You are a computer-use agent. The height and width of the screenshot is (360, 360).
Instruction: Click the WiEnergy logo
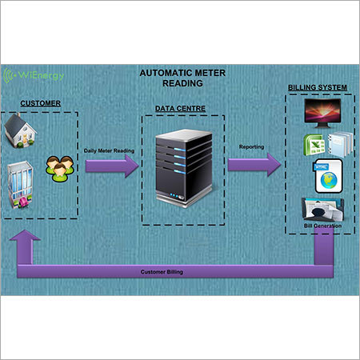click(34, 75)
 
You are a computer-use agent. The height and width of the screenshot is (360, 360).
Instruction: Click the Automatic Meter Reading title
click(182, 78)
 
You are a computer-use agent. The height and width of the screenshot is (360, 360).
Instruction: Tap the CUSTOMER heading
click(41, 103)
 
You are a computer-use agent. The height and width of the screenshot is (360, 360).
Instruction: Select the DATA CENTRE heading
click(180, 109)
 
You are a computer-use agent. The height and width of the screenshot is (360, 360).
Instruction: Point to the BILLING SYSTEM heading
click(318, 87)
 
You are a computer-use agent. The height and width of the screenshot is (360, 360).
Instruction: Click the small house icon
click(21, 130)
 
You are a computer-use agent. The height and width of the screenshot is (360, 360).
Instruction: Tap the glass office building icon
click(20, 185)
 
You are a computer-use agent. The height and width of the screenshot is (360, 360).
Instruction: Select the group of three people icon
click(60, 169)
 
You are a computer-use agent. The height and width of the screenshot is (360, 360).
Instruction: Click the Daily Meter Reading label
click(109, 150)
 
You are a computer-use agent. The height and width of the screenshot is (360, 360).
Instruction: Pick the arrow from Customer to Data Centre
click(112, 166)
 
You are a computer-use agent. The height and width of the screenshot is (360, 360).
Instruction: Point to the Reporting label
click(251, 146)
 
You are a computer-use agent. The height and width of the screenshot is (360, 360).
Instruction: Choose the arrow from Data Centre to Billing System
click(254, 165)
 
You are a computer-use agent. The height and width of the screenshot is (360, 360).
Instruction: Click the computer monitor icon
click(322, 113)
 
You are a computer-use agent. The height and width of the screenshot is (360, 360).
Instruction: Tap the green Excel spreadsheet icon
click(314, 145)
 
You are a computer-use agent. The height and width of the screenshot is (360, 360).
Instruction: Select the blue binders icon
click(340, 144)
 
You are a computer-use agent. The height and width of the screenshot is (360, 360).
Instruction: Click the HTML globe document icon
click(327, 176)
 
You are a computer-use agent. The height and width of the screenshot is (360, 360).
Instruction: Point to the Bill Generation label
click(322, 226)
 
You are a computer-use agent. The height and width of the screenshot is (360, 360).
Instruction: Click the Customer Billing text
click(162, 272)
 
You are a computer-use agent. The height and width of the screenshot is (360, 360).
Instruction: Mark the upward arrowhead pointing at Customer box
click(25, 235)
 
